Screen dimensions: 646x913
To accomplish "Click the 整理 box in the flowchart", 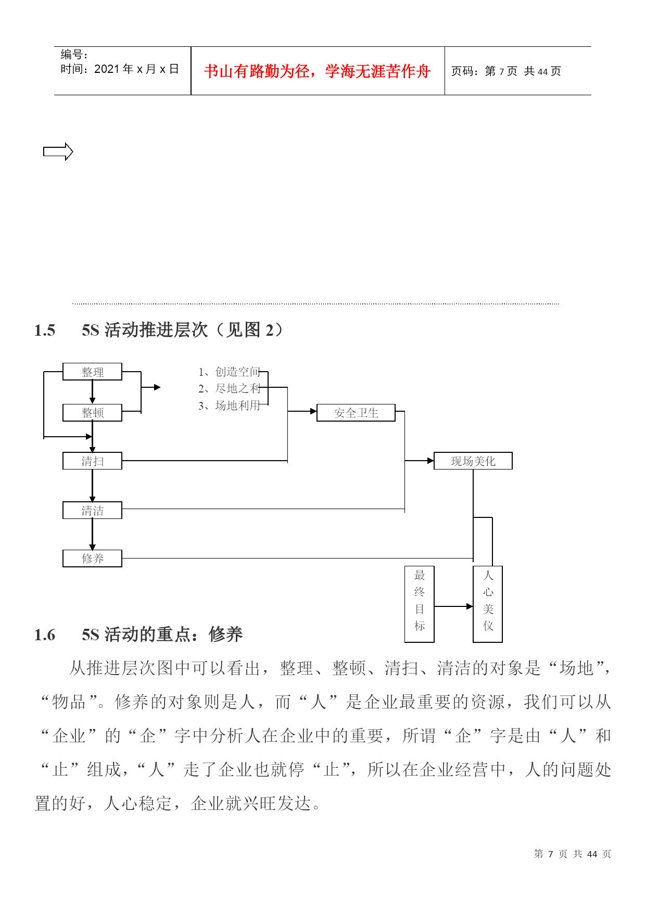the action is pyautogui.click(x=92, y=372).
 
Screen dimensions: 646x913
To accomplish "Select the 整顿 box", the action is pyautogui.click(x=92, y=413).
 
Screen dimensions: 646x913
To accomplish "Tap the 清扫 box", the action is pyautogui.click(x=92, y=461).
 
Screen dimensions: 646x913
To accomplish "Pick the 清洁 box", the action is pyautogui.click(x=92, y=510).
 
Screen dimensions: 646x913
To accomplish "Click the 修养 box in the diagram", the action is pyautogui.click(x=92, y=558).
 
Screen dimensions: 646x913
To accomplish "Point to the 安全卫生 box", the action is pyautogui.click(x=356, y=413).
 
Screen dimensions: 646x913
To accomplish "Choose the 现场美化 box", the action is pyautogui.click(x=473, y=461).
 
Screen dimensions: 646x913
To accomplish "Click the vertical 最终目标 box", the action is pyautogui.click(x=420, y=604).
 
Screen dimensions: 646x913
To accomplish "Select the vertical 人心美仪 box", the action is pyautogui.click(x=488, y=604).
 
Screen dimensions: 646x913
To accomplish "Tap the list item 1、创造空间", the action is pyautogui.click(x=229, y=372).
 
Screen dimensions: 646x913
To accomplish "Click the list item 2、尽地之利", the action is pyautogui.click(x=229, y=388).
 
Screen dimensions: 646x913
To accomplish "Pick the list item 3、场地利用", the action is pyautogui.click(x=229, y=405).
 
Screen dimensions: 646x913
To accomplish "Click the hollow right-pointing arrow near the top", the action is pyautogui.click(x=58, y=151).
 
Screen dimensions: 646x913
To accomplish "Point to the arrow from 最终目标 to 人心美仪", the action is pyautogui.click(x=453, y=606).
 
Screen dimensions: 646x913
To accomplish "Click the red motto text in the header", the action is pyautogui.click(x=318, y=71).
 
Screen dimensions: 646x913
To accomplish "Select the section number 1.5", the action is pyautogui.click(x=45, y=330).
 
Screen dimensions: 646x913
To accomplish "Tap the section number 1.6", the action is pyautogui.click(x=45, y=635).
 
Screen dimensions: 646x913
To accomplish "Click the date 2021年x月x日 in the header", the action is pyautogui.click(x=136, y=69).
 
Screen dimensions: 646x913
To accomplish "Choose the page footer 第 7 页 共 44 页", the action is pyautogui.click(x=573, y=854).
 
